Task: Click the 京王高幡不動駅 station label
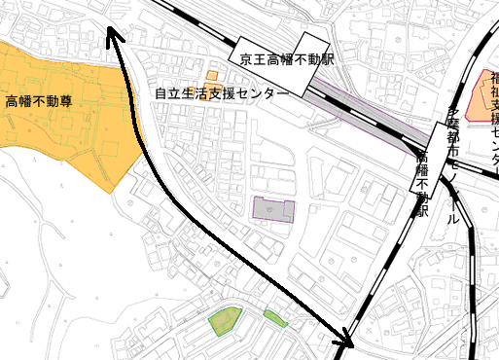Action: (x=287, y=58)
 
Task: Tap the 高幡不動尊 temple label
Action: (x=39, y=100)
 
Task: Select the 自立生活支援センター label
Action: (x=222, y=93)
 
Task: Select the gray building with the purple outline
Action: (x=273, y=209)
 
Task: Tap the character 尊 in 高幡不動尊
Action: (x=66, y=100)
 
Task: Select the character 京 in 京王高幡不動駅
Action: (x=247, y=58)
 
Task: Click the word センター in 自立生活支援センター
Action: (x=264, y=93)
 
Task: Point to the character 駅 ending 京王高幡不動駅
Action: (x=328, y=58)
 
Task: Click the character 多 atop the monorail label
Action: (x=451, y=116)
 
